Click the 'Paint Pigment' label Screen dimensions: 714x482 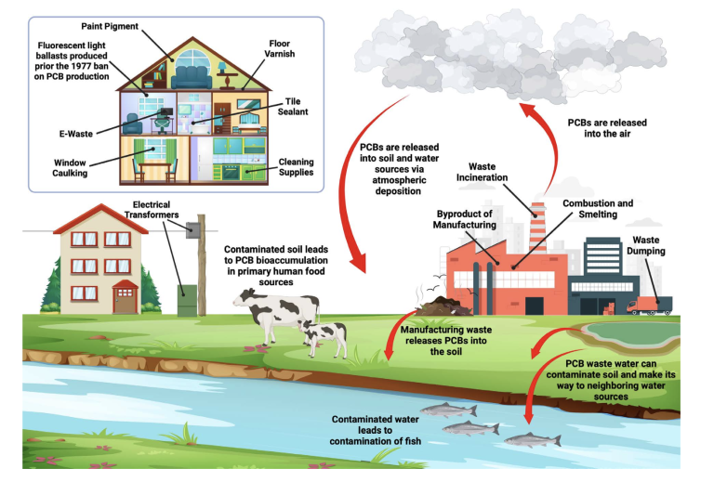[x=110, y=26]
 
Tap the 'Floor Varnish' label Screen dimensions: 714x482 [x=280, y=48]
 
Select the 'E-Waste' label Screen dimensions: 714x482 [x=76, y=134]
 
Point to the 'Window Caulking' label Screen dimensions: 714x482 [x=70, y=168]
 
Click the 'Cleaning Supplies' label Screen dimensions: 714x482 [x=296, y=167]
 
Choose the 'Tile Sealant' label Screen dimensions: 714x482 [x=293, y=107]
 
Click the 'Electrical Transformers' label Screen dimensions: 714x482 [x=152, y=210]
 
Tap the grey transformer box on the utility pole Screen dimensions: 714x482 [x=193, y=230]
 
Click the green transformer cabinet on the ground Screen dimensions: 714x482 [x=187, y=300]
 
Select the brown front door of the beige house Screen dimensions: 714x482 [x=125, y=300]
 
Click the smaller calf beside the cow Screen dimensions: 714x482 [x=324, y=338]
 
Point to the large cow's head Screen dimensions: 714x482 [x=244, y=298]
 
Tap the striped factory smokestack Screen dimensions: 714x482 [x=537, y=228]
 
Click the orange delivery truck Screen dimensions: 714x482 [x=649, y=306]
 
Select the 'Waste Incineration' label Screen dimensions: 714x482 [x=482, y=172]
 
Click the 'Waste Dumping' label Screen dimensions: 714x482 [x=646, y=245]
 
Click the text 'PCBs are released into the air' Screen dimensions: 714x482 [x=607, y=128]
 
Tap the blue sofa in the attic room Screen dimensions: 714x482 [x=192, y=77]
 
